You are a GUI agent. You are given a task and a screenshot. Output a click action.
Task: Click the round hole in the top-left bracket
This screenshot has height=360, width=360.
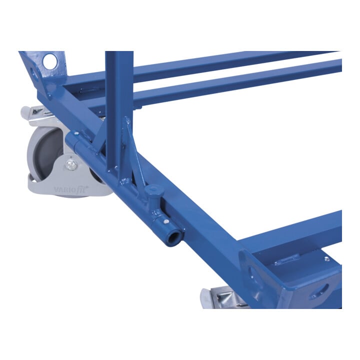pyautogui.click(x=50, y=61)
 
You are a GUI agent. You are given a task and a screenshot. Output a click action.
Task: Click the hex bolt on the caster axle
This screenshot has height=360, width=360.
pyautogui.click(x=71, y=164)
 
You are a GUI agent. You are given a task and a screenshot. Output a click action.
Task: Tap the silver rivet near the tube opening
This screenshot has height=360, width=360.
pyautogui.click(x=166, y=221)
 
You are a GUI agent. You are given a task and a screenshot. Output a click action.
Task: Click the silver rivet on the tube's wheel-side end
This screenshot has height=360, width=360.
pyautogui.click(x=76, y=133)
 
